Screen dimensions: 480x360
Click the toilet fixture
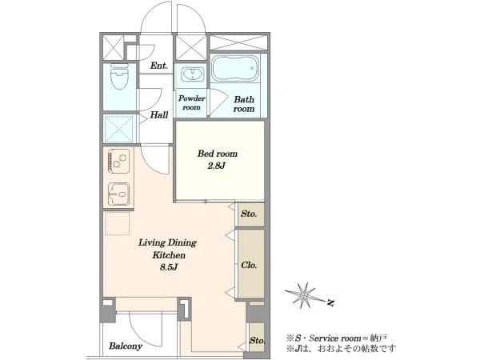click(x=118, y=76)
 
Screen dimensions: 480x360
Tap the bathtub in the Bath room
click(x=234, y=68)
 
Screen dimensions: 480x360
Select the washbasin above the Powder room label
click(x=192, y=74)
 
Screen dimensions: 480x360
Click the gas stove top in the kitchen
click(x=118, y=161)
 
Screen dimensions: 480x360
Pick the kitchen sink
click(x=119, y=194)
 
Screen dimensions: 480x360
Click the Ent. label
click(x=159, y=66)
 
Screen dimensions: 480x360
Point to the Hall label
click(x=159, y=114)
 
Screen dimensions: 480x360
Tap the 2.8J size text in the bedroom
click(x=217, y=166)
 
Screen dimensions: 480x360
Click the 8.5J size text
click(x=169, y=267)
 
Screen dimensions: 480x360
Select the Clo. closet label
click(x=249, y=265)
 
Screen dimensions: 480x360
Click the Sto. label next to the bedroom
click(x=249, y=214)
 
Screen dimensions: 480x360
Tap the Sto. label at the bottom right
click(x=257, y=341)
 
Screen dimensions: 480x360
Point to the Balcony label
click(x=126, y=346)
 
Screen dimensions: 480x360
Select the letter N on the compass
click(x=330, y=302)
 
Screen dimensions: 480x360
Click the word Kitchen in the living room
click(x=169, y=255)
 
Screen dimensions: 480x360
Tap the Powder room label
click(x=192, y=103)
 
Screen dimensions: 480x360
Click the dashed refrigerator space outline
click(x=118, y=223)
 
